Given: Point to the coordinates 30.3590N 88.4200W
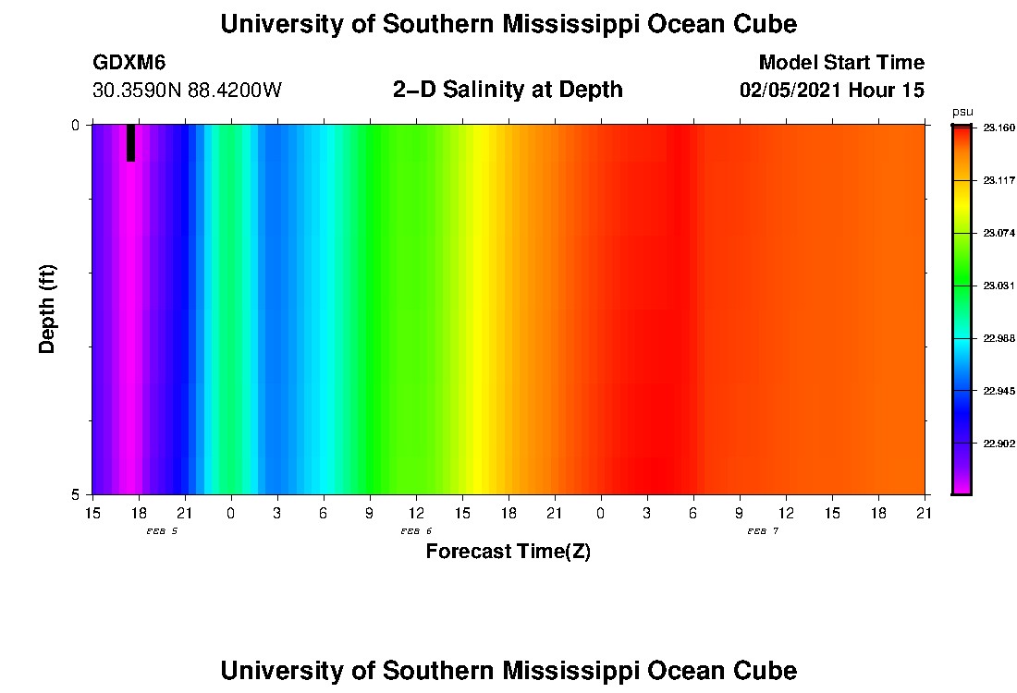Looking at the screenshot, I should pos(187,91).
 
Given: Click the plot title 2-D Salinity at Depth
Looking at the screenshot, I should pos(508,90).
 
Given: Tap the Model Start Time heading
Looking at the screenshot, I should pos(840,63).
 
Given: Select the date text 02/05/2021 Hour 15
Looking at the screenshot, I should pos(832,91).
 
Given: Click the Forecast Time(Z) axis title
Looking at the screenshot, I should pos(508,552).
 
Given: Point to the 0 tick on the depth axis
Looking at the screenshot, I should pos(76,125).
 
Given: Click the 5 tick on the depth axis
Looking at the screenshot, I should pos(76,494).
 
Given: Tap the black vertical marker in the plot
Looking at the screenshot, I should pos(131,142).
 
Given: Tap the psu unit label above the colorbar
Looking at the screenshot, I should pos(962,112).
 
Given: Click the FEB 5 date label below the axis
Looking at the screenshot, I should pos(162,531).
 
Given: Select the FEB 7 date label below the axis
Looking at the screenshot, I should pos(763,531).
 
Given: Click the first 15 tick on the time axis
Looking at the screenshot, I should pos(92,512).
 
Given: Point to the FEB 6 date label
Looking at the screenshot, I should pos(416,531).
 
